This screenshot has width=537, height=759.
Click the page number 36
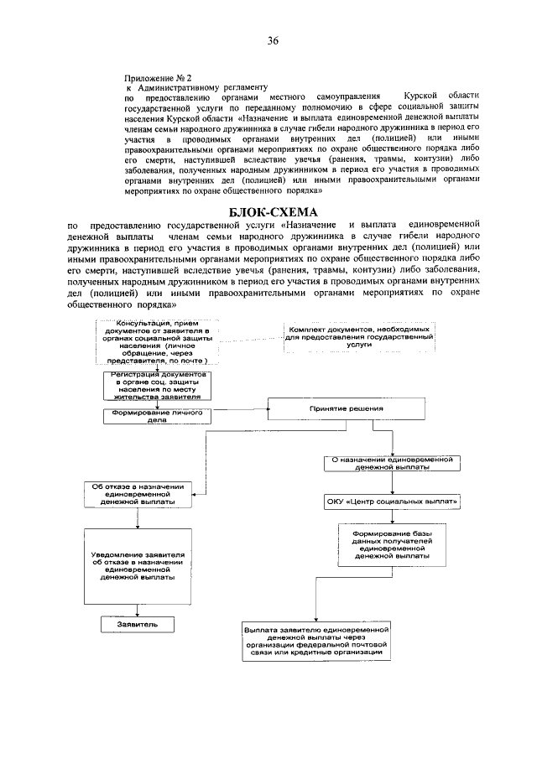coord(273,41)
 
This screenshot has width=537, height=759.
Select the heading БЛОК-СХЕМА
coord(273,211)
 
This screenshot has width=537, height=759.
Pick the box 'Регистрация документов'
coord(157,383)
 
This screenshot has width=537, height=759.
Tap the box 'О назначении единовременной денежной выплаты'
coord(393,464)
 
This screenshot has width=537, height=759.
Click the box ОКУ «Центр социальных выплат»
coord(393,502)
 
